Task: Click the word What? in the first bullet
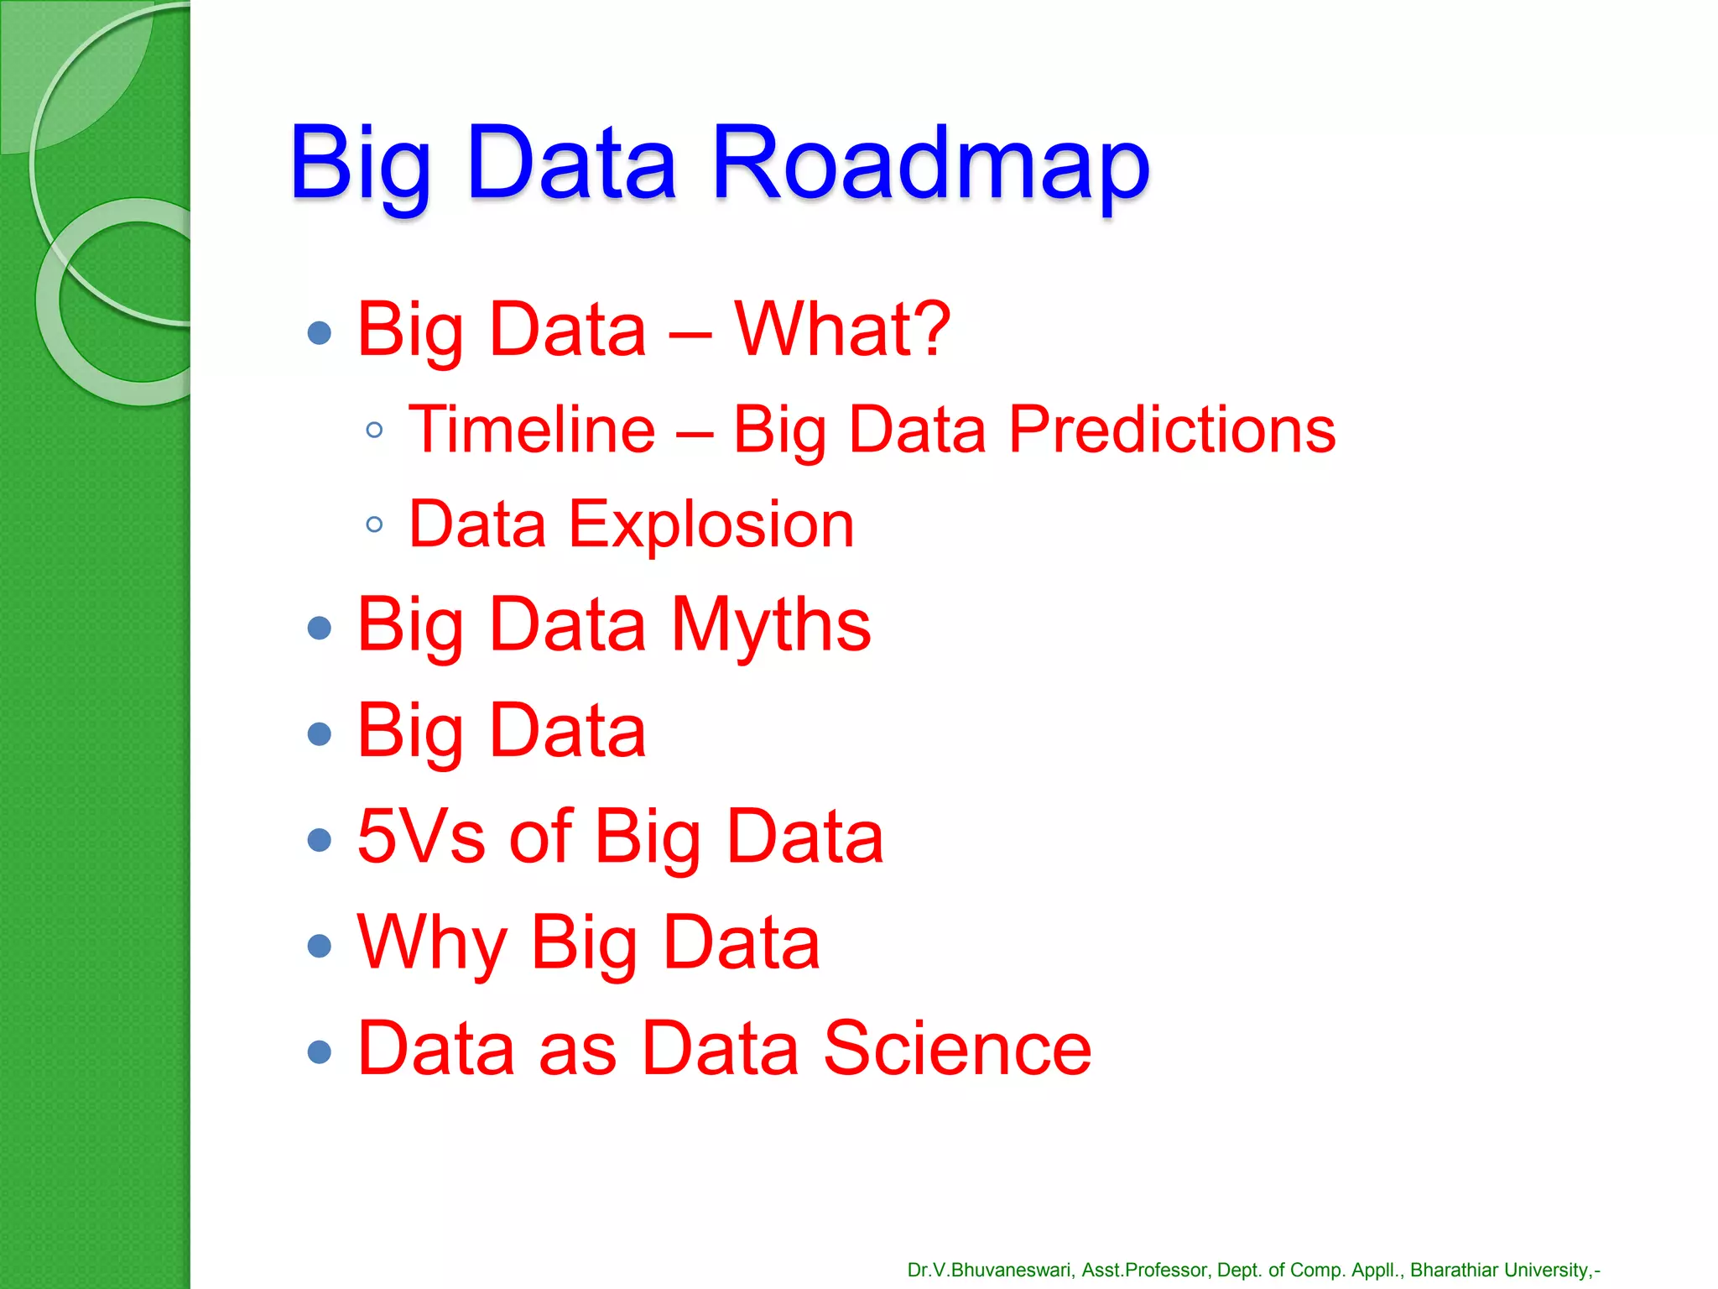(x=842, y=330)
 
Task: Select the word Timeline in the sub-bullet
(x=532, y=430)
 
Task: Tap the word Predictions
(x=1171, y=430)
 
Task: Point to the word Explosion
(x=711, y=524)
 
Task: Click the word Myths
(x=771, y=625)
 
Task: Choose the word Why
(x=431, y=943)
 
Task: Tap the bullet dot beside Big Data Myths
(x=320, y=628)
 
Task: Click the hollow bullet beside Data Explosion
(x=375, y=525)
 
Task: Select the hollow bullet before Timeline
(x=375, y=431)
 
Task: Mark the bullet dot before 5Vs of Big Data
(x=320, y=840)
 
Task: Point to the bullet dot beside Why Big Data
(x=320, y=946)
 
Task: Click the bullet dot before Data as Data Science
(x=320, y=1052)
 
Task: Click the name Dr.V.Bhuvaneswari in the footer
(x=989, y=1271)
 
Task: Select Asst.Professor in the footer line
(x=1145, y=1271)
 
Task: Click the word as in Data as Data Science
(x=578, y=1050)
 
